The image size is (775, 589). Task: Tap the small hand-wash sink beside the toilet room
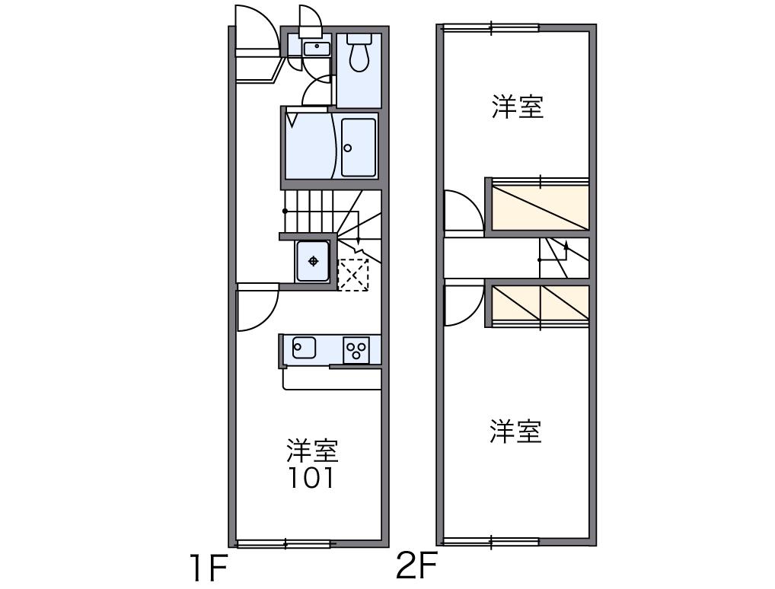(317, 49)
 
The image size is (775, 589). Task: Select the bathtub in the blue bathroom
(359, 147)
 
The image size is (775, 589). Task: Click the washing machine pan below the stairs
(313, 261)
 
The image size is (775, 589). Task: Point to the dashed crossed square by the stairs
(352, 274)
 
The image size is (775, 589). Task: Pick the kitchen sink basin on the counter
(304, 348)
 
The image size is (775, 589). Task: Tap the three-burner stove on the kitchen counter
(356, 350)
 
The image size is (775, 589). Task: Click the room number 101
(311, 479)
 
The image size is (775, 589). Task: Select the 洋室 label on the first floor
(312, 451)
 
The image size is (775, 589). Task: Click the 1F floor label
(209, 568)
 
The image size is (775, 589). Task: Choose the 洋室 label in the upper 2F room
(517, 107)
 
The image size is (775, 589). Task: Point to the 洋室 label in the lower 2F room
(515, 431)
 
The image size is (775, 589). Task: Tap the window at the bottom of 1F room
(284, 543)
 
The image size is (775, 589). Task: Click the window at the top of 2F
(490, 28)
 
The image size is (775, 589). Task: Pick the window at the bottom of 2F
(490, 543)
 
